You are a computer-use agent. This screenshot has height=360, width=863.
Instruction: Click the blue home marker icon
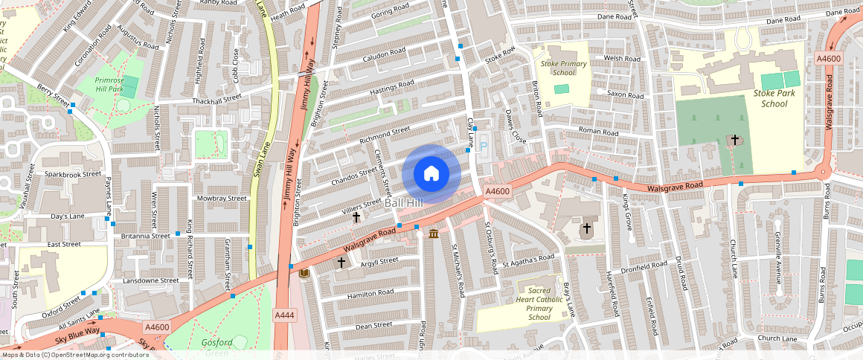point(431,174)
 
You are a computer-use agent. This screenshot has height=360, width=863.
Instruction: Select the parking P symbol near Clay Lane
point(483,149)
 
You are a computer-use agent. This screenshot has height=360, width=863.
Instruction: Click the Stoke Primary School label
point(559,68)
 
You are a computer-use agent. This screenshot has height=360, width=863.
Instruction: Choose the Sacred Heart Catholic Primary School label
point(539,303)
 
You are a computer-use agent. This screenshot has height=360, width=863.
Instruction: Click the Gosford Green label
point(217,343)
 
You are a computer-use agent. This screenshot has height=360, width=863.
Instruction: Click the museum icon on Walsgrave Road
point(433,235)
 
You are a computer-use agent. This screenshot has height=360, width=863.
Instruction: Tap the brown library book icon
point(303,274)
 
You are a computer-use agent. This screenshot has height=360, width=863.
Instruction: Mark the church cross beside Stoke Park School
point(735,140)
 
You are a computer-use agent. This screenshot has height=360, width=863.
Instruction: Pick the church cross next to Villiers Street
point(356,217)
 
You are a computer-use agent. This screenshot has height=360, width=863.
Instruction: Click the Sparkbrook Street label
point(72,174)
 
